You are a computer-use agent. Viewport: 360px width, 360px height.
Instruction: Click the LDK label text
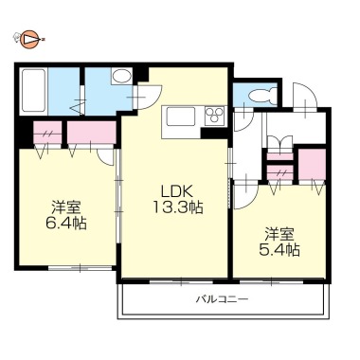177,191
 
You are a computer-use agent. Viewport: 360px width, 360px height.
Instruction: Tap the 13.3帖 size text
178,207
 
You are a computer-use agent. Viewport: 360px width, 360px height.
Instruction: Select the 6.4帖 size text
66,224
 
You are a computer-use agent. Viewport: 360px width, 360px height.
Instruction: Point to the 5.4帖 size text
279,250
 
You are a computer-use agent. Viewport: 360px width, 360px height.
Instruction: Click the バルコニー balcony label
222,298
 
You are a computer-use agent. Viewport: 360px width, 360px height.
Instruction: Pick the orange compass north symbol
29,40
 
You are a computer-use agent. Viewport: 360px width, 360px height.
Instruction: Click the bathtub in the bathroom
34,92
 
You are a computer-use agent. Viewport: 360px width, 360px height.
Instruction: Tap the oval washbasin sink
121,76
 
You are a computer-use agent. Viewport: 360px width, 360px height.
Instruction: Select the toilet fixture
261,96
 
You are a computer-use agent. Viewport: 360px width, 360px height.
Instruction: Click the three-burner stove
215,115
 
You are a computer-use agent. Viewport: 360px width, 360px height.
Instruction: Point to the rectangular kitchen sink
178,117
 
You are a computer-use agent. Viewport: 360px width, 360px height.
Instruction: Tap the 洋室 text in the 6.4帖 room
66,208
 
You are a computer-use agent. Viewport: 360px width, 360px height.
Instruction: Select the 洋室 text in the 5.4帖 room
279,234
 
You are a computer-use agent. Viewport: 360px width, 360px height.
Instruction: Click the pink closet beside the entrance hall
312,164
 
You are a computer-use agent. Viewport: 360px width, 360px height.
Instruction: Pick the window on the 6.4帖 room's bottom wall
81,268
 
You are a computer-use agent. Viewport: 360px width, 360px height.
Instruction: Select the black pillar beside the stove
214,134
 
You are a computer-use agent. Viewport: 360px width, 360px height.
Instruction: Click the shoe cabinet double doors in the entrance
280,141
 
